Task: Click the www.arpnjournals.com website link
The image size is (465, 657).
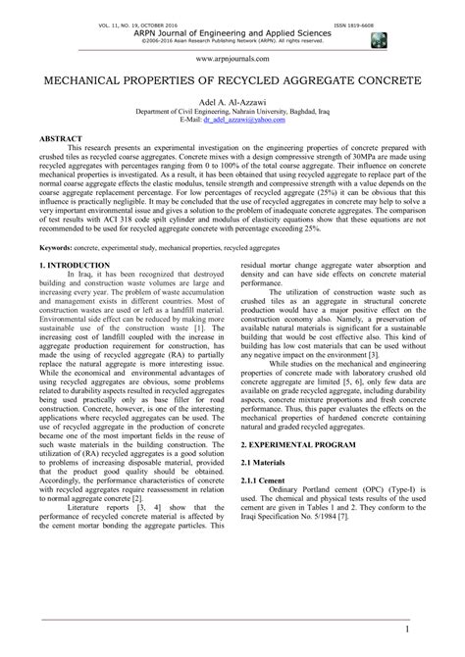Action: (232, 57)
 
